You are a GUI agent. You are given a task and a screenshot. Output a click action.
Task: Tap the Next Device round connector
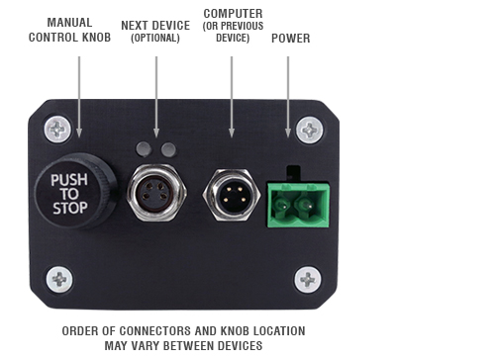(x=156, y=189)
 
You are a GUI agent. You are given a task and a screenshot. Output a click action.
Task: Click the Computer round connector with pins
(x=231, y=191)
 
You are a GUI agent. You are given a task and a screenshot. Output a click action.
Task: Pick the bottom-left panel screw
(x=61, y=279)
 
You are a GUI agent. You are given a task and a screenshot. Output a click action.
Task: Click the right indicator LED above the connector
(x=168, y=149)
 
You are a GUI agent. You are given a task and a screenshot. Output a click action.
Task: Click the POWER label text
(x=290, y=40)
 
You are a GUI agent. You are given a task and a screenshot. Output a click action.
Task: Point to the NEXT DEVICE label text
(x=156, y=25)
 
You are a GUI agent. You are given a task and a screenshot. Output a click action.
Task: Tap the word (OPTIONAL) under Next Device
(x=156, y=38)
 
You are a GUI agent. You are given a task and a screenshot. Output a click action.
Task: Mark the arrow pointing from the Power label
(x=288, y=94)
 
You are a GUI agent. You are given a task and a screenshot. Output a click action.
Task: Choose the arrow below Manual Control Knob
(x=79, y=94)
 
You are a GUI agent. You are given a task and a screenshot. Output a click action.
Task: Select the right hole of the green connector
(x=307, y=206)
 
